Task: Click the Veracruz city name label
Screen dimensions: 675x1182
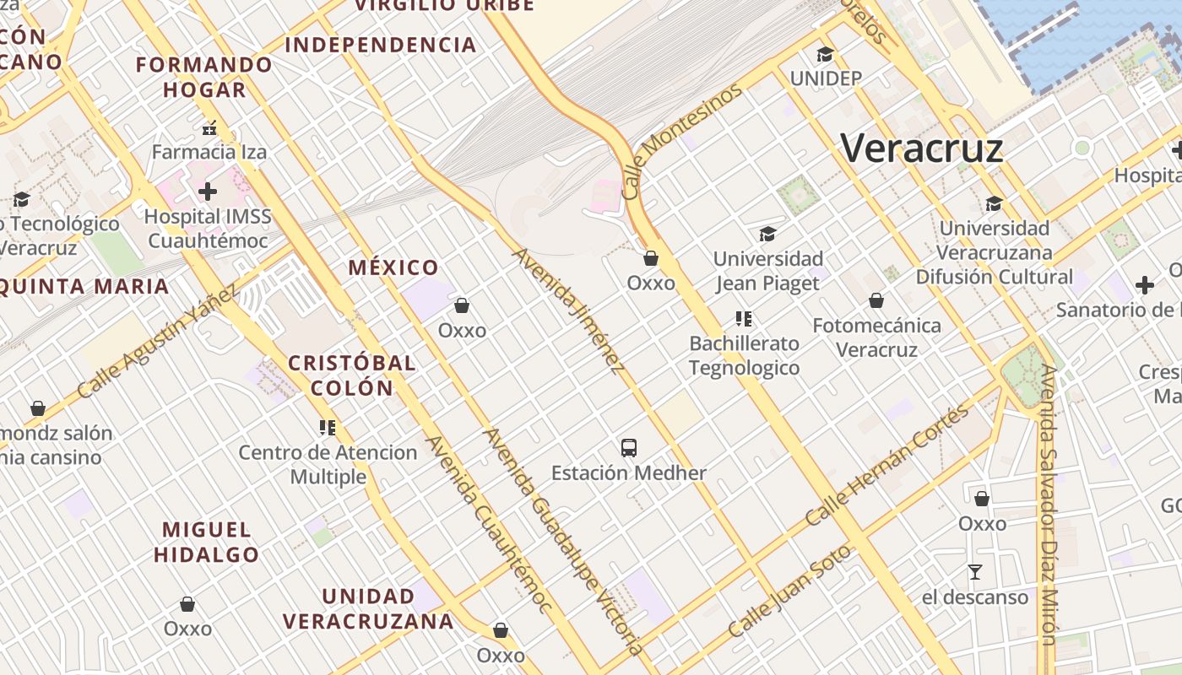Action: pos(922,149)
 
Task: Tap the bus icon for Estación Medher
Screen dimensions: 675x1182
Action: pos(628,447)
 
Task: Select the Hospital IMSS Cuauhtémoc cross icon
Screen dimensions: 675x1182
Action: pos(208,192)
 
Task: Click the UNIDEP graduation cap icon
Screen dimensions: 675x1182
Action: pos(825,55)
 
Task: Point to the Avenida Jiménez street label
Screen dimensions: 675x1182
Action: pos(568,310)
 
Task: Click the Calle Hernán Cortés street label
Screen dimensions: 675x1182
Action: pos(886,466)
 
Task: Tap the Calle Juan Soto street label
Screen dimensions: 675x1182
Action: pos(790,591)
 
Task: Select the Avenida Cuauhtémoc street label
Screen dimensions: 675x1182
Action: pos(488,523)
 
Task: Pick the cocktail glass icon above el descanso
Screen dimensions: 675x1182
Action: pos(975,572)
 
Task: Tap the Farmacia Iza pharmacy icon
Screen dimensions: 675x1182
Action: pos(209,129)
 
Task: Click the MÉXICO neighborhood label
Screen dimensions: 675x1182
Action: pos(393,268)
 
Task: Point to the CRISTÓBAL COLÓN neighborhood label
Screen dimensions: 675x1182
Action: pos(352,375)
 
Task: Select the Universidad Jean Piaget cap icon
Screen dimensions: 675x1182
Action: pos(767,234)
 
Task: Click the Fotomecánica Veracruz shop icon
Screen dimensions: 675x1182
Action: pos(876,300)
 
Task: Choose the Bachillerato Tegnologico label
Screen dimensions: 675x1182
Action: pos(744,355)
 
